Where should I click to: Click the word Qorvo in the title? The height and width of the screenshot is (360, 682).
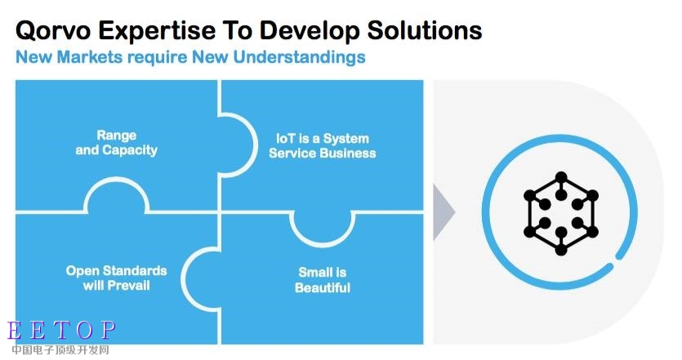coord(54,31)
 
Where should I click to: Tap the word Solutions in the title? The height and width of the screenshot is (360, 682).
coord(425,30)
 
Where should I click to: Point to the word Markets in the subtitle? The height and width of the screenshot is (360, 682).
coord(90,57)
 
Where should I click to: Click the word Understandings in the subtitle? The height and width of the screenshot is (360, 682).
coord(299,57)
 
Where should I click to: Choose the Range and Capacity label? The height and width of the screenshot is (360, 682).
coord(117,143)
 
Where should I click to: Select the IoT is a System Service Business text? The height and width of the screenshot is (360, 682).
coord(323,145)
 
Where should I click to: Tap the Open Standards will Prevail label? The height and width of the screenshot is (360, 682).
coord(117,278)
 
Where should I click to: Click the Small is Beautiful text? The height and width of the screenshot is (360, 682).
coord(323,280)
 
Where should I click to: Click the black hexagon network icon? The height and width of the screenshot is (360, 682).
coord(561,213)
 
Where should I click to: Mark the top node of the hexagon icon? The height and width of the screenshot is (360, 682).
coord(561,177)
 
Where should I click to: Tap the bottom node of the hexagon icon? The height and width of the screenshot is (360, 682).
coord(561,250)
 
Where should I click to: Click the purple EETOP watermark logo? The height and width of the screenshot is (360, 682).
coord(62,331)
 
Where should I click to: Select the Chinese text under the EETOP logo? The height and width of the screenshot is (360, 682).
coord(60,350)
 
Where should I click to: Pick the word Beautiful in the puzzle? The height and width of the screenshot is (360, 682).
coord(323,288)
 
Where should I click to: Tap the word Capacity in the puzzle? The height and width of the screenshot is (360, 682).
coord(130,150)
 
